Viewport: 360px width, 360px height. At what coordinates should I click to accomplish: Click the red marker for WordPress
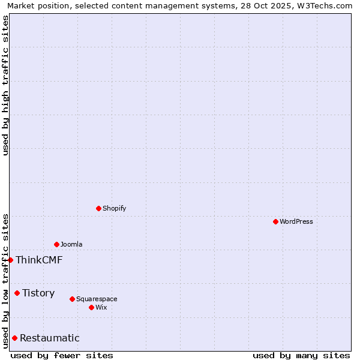[x=275, y=221]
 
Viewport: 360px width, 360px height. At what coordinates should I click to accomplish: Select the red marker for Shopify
[x=98, y=208]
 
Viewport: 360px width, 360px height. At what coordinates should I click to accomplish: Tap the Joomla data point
[x=56, y=244]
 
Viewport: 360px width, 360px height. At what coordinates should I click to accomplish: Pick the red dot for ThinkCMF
[x=10, y=260]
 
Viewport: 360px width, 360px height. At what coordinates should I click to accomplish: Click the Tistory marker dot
[x=17, y=293]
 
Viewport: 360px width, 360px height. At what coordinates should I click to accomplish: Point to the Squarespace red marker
[x=72, y=299]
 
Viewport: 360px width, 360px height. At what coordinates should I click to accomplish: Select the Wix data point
[x=91, y=307]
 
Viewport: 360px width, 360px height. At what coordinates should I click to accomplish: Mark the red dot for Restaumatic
[x=14, y=338]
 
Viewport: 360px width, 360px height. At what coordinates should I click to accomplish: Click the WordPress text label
[x=296, y=221]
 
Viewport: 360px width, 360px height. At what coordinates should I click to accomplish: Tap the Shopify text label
[x=115, y=208]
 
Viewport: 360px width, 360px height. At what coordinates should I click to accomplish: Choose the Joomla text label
[x=71, y=244]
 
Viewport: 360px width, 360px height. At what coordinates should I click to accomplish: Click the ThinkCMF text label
[x=39, y=260]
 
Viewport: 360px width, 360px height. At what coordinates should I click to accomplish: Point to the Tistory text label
[x=38, y=293]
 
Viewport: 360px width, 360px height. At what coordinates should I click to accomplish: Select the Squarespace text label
[x=97, y=299]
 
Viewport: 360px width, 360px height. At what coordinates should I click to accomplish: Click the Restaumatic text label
[x=50, y=338]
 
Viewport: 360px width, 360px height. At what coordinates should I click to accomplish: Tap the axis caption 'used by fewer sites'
[x=62, y=355]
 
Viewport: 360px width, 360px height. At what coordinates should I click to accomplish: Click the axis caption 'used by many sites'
[x=301, y=355]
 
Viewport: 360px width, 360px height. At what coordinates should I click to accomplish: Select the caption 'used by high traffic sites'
[x=5, y=85]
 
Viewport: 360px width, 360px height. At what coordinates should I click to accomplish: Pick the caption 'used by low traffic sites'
[x=5, y=280]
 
